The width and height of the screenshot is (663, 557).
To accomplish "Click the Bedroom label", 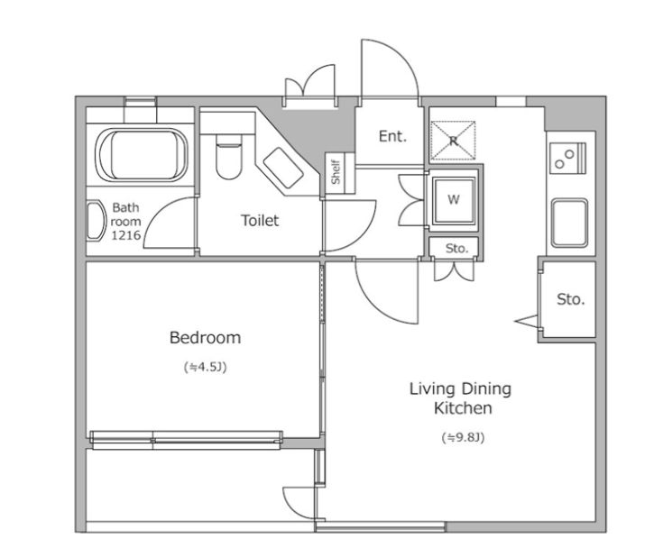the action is point(205,338).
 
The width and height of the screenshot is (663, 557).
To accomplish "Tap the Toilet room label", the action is point(260,220).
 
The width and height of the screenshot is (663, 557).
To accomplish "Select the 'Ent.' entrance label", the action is point(392,136).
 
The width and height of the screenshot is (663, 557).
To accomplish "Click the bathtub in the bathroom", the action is point(142,155).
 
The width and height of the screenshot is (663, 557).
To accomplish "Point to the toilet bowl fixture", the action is point(228,156).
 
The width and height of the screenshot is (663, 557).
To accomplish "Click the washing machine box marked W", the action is point(453,199).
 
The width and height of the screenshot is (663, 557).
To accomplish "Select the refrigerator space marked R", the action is point(453,141).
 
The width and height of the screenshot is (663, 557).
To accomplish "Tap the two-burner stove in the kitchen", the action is point(567,159).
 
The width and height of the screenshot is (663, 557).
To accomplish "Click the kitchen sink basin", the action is point(569,223).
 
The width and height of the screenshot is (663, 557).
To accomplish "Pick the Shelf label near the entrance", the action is point(336,172).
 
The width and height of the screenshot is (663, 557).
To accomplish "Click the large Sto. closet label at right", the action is point(570,299).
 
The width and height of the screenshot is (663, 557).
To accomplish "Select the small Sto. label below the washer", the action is point(456,248).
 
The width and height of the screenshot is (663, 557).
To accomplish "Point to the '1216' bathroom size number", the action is point(126,235).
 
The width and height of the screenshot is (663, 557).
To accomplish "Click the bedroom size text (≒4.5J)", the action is point(205,367).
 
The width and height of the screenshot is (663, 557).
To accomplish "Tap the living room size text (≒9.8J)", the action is point(463,437).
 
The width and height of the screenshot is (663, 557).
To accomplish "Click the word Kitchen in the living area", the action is point(463,408).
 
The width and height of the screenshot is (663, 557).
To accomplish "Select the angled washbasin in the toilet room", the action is point(283,168).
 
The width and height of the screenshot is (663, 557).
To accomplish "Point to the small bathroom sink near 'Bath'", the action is point(96,221).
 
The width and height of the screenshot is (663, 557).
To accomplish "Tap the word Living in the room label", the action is point(432,388).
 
